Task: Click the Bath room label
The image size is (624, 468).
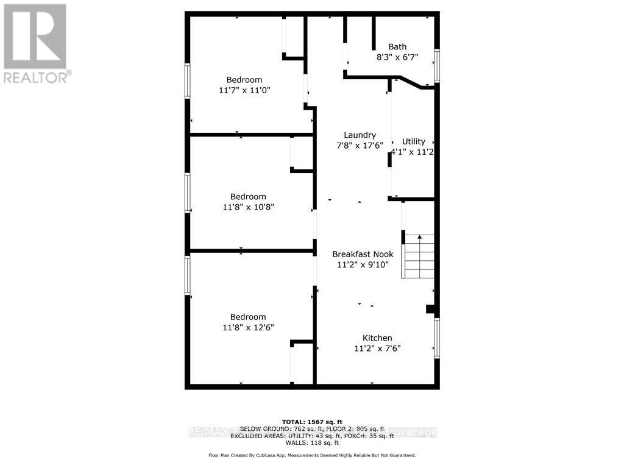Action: click(397, 47)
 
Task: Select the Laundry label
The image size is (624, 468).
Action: click(360, 135)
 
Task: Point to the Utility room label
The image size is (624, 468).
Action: click(414, 141)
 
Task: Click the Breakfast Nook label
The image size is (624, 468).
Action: click(363, 254)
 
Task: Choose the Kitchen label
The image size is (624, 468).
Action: click(377, 338)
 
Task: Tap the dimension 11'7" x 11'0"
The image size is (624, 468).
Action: click(244, 90)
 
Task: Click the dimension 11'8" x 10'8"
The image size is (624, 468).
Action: click(248, 207)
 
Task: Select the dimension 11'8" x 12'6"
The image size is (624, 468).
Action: click(248, 327)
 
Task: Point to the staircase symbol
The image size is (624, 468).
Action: click(418, 256)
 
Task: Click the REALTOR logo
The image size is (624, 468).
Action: click(35, 43)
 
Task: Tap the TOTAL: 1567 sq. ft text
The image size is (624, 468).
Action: click(312, 422)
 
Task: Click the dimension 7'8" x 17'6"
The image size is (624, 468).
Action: click(360, 146)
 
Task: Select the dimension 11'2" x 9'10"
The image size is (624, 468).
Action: click(363, 264)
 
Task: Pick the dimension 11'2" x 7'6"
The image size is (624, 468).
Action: click(377, 349)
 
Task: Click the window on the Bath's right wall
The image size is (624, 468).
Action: click(437, 65)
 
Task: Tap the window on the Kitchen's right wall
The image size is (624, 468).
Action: click(437, 337)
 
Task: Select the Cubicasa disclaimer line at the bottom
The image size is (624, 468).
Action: click(312, 455)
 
